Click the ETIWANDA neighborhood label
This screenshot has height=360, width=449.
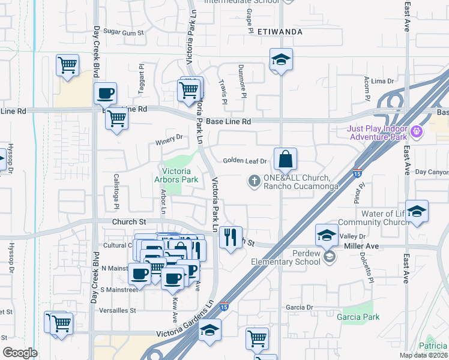click(279, 31)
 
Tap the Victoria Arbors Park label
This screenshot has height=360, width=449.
click(181, 175)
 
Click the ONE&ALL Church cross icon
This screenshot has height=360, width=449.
click(254, 180)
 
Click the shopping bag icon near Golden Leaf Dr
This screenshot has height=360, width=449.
click(286, 159)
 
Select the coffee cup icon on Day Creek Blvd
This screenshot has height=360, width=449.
click(105, 94)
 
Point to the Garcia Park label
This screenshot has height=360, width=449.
click(358, 316)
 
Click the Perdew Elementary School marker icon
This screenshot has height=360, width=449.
click(328, 257)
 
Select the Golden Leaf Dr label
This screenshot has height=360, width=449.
click(244, 161)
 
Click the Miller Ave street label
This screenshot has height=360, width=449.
click(361, 247)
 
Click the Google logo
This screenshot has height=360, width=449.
click(20, 353)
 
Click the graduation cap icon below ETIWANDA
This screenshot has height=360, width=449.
click(280, 59)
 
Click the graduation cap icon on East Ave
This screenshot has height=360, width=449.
click(417, 211)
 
